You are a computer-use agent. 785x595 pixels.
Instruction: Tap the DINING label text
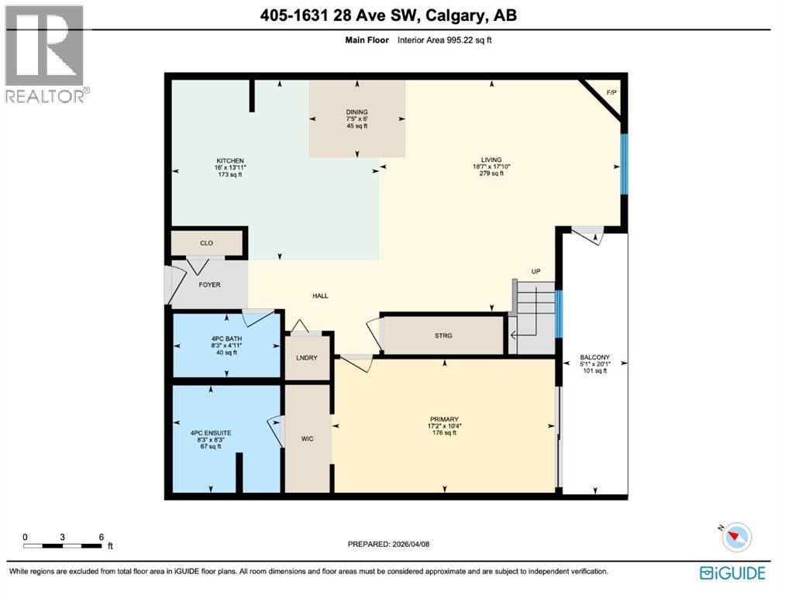tap(356, 112)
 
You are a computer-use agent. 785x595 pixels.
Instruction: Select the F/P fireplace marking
tap(611, 93)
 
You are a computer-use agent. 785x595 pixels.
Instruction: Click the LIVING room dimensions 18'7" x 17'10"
tap(491, 166)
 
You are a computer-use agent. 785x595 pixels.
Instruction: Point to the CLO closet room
tap(206, 243)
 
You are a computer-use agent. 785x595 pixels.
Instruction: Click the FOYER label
tap(209, 284)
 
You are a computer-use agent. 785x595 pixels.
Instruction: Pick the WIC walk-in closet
tap(307, 439)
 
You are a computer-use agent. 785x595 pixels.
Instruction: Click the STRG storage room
tap(442, 335)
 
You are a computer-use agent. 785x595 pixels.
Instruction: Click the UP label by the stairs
tap(535, 271)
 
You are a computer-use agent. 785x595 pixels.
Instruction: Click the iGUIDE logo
tap(732, 573)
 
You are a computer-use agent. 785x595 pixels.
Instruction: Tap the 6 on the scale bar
tap(101, 537)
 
